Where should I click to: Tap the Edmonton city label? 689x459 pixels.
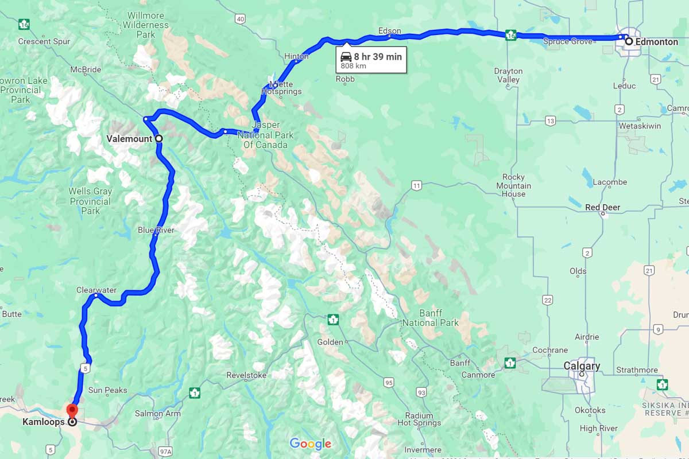[x=656, y=42]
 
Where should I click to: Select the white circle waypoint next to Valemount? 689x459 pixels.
[x=158, y=138]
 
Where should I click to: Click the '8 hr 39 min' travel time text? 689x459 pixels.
[x=378, y=56]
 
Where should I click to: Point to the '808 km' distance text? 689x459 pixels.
[x=353, y=66]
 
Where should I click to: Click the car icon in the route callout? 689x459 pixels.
[x=346, y=56]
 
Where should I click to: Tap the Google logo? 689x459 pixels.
[x=310, y=444]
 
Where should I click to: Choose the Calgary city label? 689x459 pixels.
[x=582, y=366]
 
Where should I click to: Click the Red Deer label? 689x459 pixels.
[x=602, y=208]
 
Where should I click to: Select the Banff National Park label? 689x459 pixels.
[x=431, y=318]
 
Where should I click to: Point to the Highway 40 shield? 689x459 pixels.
[x=240, y=19]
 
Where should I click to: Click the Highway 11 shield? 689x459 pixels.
[x=416, y=185]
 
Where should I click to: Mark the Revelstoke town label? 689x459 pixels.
[x=246, y=375]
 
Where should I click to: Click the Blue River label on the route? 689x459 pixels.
[x=156, y=230]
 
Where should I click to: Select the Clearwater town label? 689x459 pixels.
[x=96, y=290]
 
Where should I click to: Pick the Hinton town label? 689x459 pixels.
[x=296, y=56]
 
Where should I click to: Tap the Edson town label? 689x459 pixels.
[x=390, y=31]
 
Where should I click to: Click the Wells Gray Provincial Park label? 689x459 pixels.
[x=90, y=201]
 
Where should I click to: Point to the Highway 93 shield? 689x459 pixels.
[x=422, y=392]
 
